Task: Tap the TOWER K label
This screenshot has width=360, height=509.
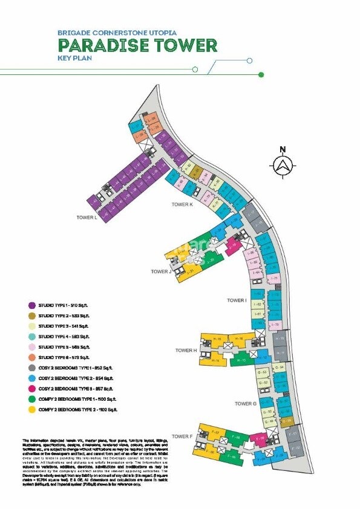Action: [x=182, y=205]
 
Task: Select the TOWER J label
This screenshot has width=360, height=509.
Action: [x=162, y=271]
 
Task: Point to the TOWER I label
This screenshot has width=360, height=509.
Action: [x=237, y=300]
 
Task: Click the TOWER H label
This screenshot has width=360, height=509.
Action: [x=186, y=351]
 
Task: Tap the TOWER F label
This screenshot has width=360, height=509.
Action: [x=182, y=436]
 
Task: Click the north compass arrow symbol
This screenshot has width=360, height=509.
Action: [x=282, y=164]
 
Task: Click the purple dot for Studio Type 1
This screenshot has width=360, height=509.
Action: [x=31, y=305]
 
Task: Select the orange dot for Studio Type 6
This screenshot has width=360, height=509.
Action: [x=31, y=357]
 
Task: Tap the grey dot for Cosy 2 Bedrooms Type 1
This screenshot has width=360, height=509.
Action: [x=31, y=367]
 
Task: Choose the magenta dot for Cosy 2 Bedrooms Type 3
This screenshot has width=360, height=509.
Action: [x=31, y=388]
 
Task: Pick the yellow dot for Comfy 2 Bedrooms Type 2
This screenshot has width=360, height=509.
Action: [x=31, y=409]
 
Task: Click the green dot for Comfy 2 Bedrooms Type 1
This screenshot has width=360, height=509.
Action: [x=31, y=398]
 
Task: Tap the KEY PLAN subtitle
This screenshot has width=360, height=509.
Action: [x=75, y=59]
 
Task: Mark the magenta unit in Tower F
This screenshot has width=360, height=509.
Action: [x=260, y=438]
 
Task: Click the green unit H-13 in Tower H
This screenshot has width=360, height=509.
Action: [x=241, y=360]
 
